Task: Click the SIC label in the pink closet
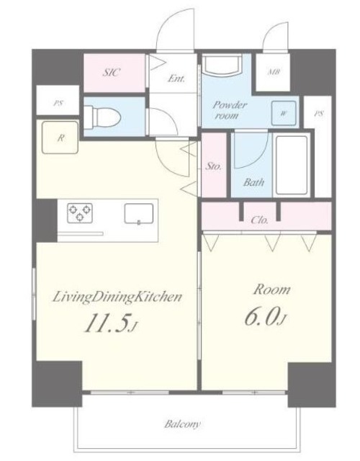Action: coord(112,72)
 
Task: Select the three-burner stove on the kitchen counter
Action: coord(80,213)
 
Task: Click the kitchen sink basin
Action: coord(139,214)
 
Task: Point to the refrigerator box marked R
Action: coord(60,138)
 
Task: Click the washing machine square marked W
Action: coord(283,113)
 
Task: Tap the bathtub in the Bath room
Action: coord(292,165)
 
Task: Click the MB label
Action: coord(274,71)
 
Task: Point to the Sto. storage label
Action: coord(213,166)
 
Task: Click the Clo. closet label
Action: coord(260,220)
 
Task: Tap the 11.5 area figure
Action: coord(110,323)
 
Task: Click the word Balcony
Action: coord(182,424)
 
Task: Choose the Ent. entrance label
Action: coord(176,79)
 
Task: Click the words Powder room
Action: coord(230,110)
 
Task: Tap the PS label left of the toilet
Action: coord(58,103)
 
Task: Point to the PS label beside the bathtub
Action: coord(319,113)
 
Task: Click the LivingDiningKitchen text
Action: coord(117,297)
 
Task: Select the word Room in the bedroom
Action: coord(272,290)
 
